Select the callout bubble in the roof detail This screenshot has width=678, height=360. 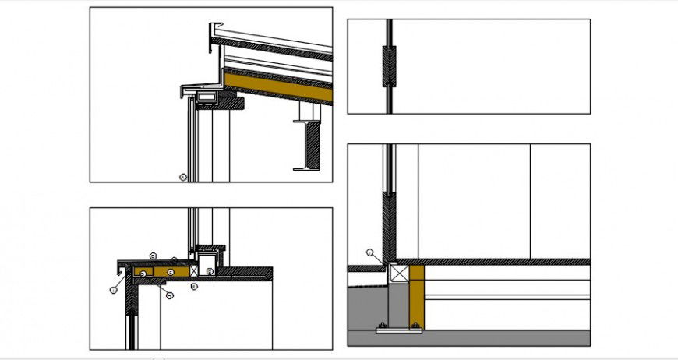(x=182, y=178)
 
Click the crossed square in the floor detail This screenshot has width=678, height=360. (x=399, y=274)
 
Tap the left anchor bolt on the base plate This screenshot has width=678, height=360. (x=383, y=325)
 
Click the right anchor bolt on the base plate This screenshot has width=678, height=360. (x=415, y=325)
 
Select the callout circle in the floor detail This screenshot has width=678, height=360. (x=372, y=252)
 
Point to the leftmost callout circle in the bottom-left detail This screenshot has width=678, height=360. (x=114, y=289)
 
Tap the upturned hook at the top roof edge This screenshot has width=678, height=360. (x=212, y=34)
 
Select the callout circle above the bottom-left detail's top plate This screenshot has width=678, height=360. (x=154, y=255)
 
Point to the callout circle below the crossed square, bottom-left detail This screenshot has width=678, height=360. (x=194, y=286)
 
